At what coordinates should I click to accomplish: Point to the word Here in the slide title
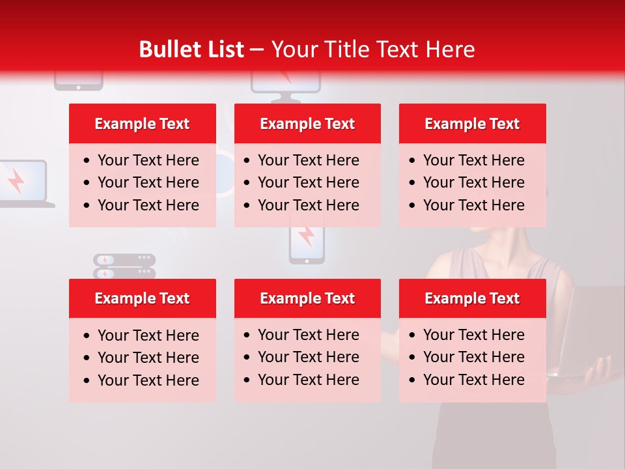(x=450, y=50)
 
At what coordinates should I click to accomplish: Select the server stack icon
(x=124, y=266)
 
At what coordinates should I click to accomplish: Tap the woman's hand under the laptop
(x=599, y=371)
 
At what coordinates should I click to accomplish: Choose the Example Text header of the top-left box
(x=142, y=124)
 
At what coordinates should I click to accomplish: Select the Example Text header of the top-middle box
(x=307, y=124)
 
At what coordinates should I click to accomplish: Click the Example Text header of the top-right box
(x=472, y=124)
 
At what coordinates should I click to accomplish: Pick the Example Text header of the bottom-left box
(x=142, y=298)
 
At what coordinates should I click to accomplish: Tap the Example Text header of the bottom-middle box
(x=307, y=298)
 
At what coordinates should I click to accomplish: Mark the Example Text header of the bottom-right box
(x=472, y=298)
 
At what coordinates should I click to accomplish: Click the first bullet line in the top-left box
(x=148, y=160)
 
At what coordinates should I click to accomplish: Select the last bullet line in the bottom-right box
(x=473, y=380)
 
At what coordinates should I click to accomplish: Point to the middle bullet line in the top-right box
(x=473, y=182)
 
